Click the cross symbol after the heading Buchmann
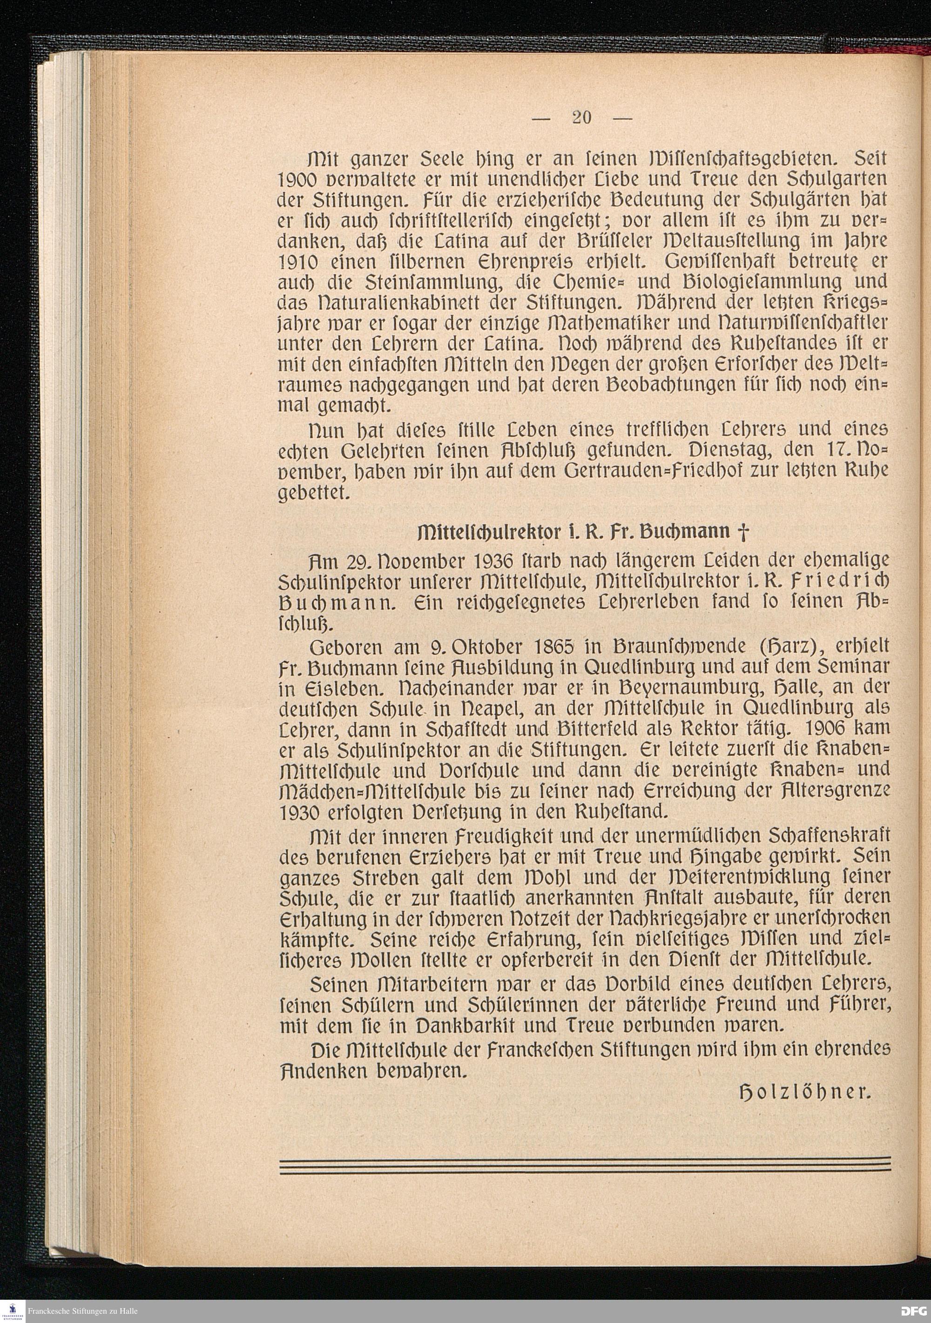(742, 532)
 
